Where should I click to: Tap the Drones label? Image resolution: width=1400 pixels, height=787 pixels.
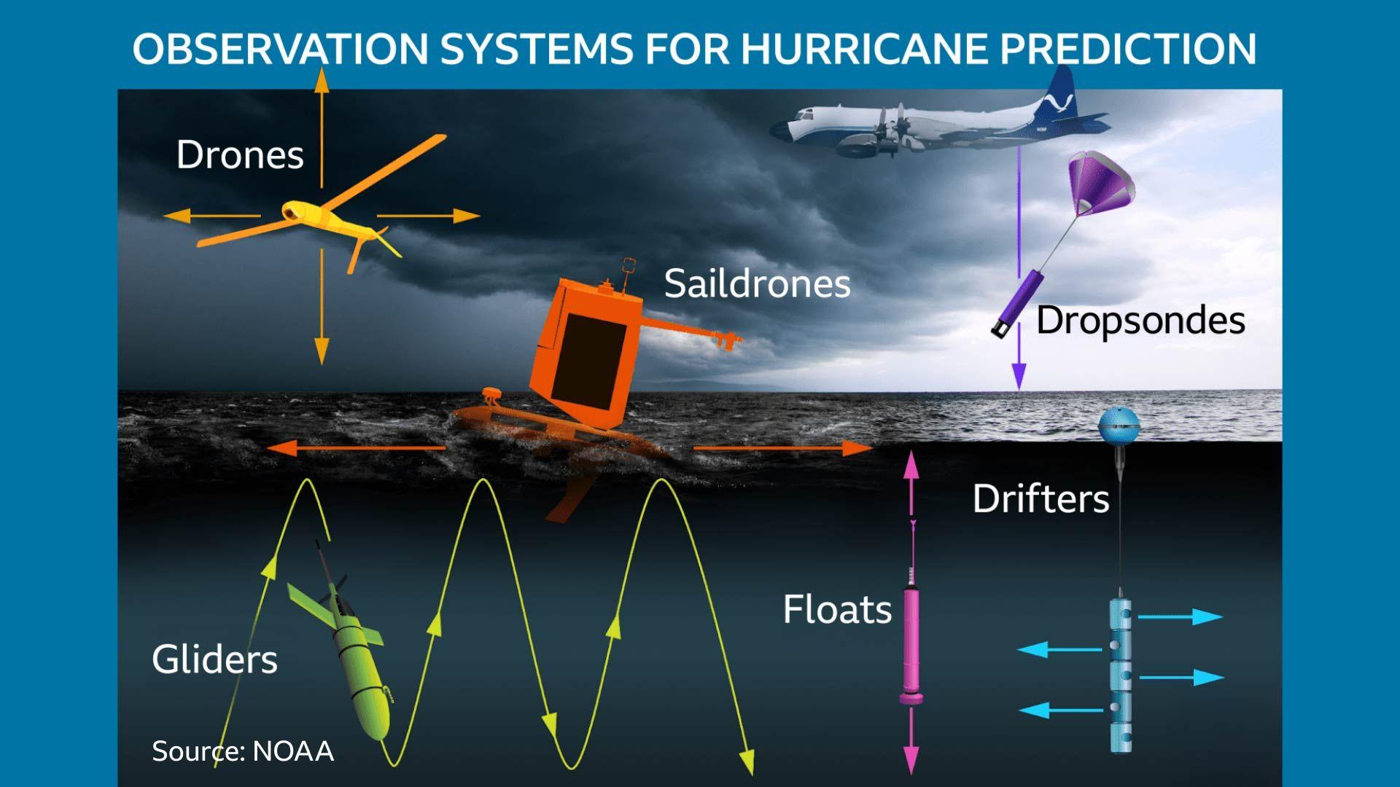(240, 155)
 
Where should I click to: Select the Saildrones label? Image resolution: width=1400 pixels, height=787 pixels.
(757, 283)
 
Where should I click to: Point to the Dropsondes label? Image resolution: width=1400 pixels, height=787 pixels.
(1140, 321)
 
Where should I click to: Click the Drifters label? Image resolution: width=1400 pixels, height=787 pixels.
(1041, 499)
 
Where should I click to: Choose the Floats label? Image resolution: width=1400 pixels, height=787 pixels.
(837, 609)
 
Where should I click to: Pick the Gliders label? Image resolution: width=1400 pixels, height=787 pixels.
(214, 659)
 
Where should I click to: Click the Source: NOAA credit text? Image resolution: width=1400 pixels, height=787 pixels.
(243, 751)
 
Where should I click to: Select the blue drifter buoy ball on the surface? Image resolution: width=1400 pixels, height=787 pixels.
(1119, 426)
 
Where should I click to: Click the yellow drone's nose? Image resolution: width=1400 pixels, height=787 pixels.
(291, 212)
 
